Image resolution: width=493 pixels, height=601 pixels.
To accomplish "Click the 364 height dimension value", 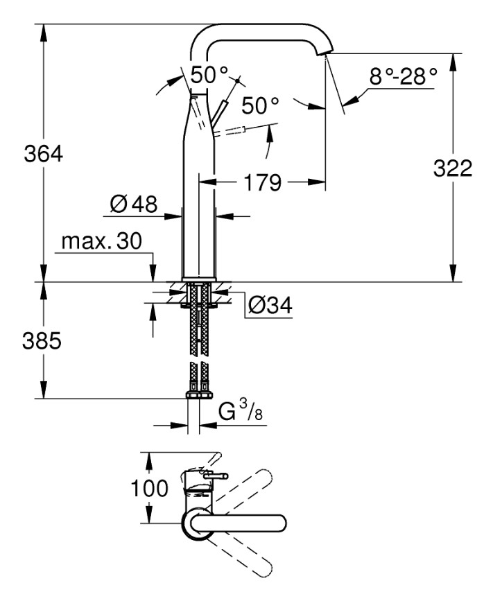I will click(x=43, y=153).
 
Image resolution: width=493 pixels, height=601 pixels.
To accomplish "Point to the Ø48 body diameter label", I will click(x=133, y=204).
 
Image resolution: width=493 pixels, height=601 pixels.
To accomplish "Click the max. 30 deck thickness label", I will click(x=101, y=241).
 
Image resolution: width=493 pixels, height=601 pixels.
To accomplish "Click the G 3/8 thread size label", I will click(x=240, y=413).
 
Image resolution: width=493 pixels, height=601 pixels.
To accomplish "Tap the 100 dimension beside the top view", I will click(x=150, y=488).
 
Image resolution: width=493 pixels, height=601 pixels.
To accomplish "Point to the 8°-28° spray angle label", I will click(x=403, y=76).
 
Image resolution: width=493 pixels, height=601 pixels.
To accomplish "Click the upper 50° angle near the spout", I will click(x=209, y=74).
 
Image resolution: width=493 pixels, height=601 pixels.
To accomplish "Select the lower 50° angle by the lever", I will click(x=260, y=106).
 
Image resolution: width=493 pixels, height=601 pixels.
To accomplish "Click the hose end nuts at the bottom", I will click(x=200, y=394).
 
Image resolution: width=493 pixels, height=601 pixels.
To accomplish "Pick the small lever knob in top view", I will click(x=218, y=476).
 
